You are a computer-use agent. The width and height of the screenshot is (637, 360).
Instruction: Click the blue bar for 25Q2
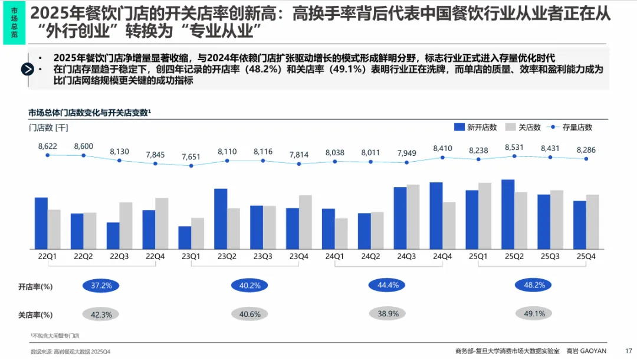(508, 214)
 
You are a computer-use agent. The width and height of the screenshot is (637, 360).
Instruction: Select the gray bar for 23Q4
(306, 222)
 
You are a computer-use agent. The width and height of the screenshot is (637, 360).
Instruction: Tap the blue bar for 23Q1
(185, 237)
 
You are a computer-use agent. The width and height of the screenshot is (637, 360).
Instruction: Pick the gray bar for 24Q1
(342, 233)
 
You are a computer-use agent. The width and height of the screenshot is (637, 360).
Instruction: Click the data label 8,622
(47, 146)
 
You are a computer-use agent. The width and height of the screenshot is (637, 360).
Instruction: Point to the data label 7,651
(191, 156)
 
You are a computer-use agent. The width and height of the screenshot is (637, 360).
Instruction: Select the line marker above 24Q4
(442, 158)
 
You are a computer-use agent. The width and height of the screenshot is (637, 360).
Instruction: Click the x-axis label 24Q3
(406, 257)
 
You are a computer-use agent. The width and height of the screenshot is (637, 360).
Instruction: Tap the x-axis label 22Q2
(83, 257)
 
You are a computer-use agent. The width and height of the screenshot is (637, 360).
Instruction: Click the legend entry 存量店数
(577, 127)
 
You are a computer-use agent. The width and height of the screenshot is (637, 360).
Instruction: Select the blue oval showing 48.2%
(534, 285)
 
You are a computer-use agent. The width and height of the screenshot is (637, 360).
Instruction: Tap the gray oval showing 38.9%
(388, 313)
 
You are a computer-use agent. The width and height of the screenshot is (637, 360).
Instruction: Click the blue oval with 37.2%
(101, 286)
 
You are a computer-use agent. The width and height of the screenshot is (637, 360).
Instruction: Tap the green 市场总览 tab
(14, 23)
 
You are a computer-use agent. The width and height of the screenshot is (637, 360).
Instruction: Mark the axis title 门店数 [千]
(48, 127)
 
